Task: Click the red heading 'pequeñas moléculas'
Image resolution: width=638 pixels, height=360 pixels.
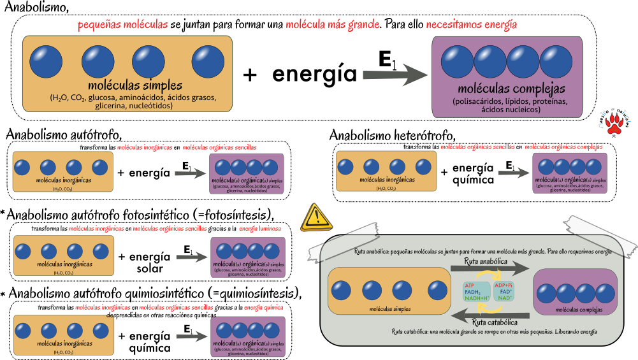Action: [122, 25]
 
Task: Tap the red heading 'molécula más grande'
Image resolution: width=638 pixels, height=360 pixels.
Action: [332, 25]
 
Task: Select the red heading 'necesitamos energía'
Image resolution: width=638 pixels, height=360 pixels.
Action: [472, 25]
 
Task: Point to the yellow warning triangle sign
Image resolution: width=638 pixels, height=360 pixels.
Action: [316, 217]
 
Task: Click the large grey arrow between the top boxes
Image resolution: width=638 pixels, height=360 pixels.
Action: [396, 75]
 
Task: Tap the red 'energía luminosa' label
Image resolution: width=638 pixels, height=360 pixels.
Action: [260, 228]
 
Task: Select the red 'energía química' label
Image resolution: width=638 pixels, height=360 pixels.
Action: [263, 307]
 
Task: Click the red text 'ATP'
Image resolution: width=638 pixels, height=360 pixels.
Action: [470, 285]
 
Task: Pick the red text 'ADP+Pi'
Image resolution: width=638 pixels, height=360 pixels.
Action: [504, 285]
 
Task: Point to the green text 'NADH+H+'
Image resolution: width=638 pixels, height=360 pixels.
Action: [476, 298]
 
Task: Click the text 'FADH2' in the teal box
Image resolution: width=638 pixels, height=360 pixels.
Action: [473, 292]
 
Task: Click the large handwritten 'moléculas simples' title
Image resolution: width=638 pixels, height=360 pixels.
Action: [135, 85]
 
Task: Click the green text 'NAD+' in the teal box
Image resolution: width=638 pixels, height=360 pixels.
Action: [505, 298]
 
